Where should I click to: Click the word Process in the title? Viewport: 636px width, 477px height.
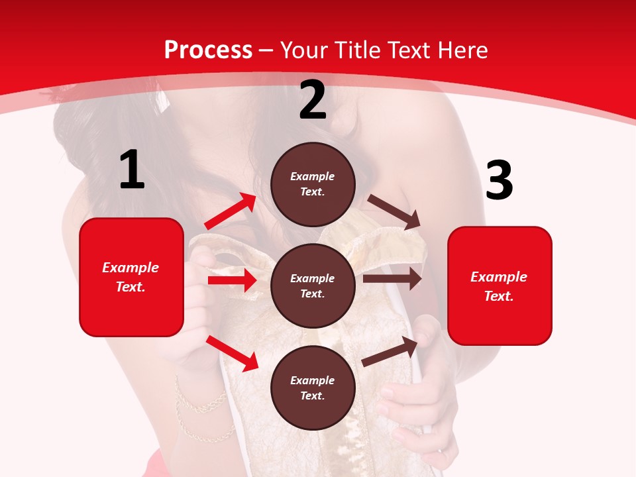208,50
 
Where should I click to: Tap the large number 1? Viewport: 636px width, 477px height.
132,170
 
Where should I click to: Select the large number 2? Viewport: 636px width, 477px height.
313,100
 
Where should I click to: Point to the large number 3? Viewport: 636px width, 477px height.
499,181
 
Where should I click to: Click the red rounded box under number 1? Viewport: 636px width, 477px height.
131,277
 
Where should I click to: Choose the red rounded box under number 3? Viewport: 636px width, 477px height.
500,286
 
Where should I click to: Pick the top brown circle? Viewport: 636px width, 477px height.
313,184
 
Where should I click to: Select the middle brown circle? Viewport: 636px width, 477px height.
313,286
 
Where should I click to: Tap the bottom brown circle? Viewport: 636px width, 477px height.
313,388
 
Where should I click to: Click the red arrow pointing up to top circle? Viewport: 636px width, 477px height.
231,211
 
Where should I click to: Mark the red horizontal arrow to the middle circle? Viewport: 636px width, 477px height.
232,280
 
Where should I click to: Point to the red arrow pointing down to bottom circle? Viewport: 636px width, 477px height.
232,352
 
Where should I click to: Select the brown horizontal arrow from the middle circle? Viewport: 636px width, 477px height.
392,279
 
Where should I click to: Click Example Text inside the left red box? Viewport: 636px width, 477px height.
131,277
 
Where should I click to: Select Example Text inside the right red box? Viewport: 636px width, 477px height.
499,286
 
